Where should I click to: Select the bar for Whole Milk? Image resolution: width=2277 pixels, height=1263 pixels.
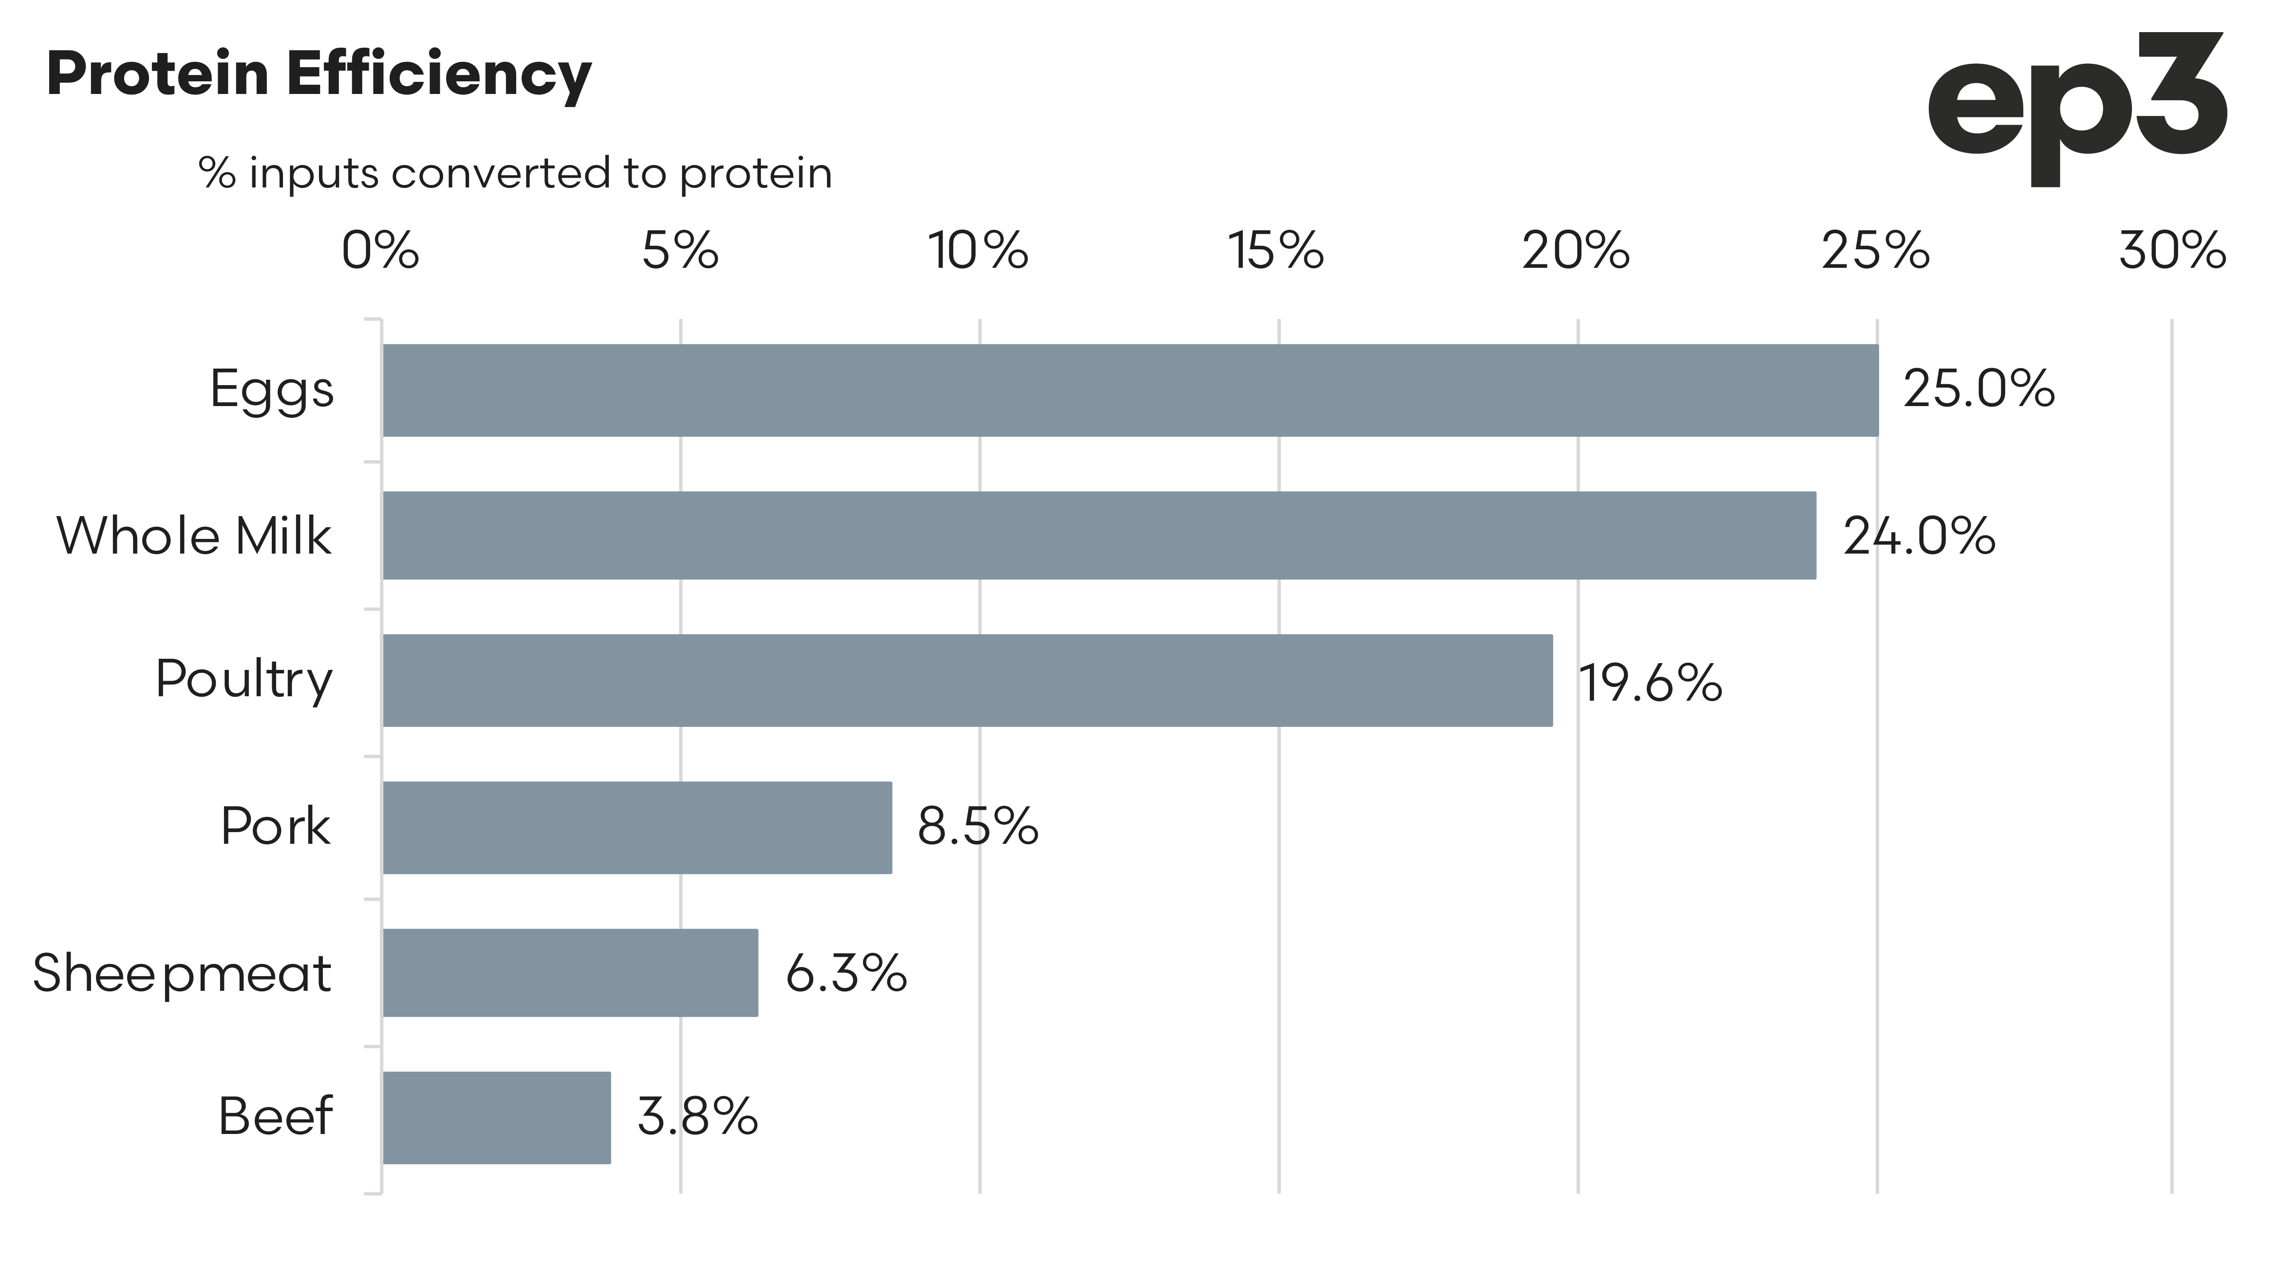pyautogui.click(x=1099, y=536)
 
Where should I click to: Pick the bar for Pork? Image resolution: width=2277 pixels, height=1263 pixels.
pyautogui.click(x=637, y=827)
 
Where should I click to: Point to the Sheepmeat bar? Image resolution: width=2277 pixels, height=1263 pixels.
pyautogui.click(x=570, y=972)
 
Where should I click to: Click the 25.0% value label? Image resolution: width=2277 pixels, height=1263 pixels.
pyautogui.click(x=1978, y=390)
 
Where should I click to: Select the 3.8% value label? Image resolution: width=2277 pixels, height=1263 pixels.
pyautogui.click(x=697, y=1117)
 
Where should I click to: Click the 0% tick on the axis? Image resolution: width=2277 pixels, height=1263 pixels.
pyautogui.click(x=380, y=251)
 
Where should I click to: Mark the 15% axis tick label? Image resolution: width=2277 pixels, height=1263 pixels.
pyautogui.click(x=1277, y=251)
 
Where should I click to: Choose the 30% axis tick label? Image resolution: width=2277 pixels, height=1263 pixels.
pyautogui.click(x=2172, y=251)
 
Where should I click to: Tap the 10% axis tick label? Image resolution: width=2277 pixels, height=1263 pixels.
pyautogui.click(x=978, y=251)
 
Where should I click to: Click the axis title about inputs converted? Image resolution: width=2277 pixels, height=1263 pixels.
pyautogui.click(x=515, y=173)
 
